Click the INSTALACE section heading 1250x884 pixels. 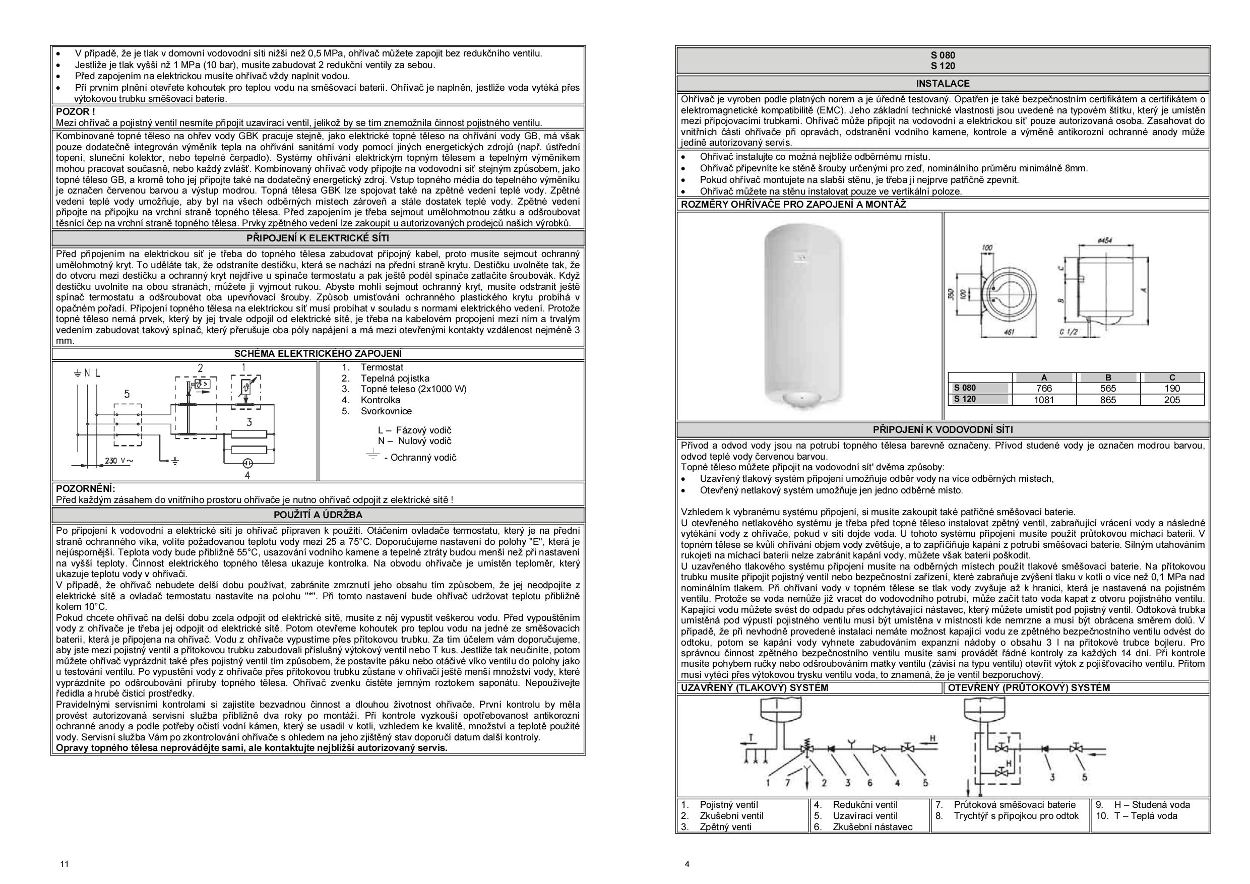[943, 84]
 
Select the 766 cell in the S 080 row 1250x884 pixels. [1044, 389]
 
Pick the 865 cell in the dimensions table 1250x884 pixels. [1107, 400]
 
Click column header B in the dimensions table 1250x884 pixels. [1107, 377]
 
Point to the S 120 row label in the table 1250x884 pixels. [965, 399]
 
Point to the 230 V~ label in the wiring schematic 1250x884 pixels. [118, 461]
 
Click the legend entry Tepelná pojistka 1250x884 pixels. [394, 378]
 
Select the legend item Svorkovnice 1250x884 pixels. [386, 411]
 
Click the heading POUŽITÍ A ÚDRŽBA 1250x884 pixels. [318, 515]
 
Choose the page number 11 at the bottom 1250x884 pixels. [65, 864]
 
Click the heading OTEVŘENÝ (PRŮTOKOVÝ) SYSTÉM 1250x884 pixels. [1028, 687]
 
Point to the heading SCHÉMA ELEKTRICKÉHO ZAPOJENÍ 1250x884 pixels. [318, 354]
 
